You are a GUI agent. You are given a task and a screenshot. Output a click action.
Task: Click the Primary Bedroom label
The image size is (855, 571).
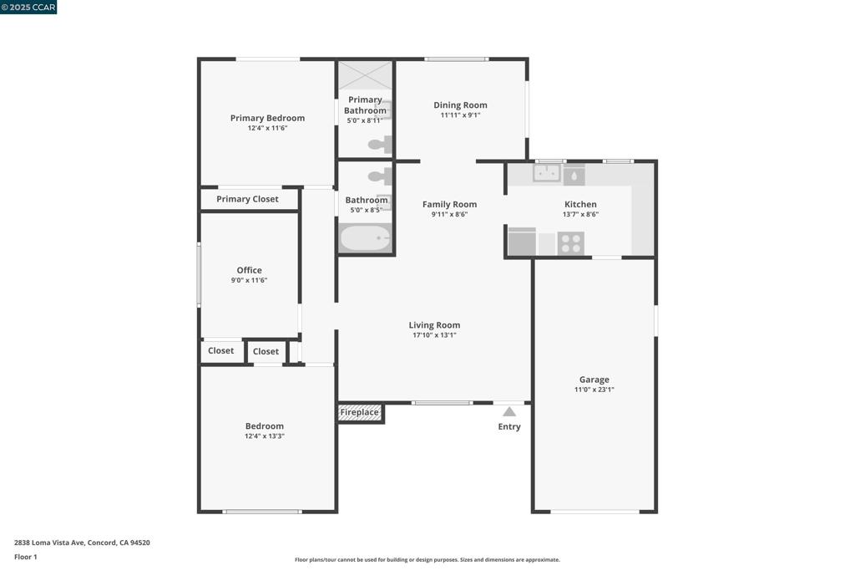pos(267,118)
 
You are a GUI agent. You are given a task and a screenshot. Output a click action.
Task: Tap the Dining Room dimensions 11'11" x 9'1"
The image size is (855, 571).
pos(460,115)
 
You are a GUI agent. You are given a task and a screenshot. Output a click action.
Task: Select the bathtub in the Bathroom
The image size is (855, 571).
pos(366,238)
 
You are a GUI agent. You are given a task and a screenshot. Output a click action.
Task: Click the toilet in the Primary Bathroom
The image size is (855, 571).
pos(380,145)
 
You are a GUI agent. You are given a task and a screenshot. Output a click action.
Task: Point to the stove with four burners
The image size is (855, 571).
pos(570,243)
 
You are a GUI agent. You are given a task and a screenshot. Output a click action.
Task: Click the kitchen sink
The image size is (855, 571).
pos(546,174)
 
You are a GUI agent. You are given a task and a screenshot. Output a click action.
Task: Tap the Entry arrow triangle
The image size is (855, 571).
pos(508,411)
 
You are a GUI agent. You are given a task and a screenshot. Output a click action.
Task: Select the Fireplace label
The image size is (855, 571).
pos(359,412)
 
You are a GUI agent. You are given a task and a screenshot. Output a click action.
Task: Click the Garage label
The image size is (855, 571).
pos(594,380)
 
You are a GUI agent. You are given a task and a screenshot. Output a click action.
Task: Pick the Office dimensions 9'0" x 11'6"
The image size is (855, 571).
pos(249,280)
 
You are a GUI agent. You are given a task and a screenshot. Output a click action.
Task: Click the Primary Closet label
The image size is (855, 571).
pos(247,199)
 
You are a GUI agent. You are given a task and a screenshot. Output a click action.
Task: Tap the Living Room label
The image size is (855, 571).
pos(434,325)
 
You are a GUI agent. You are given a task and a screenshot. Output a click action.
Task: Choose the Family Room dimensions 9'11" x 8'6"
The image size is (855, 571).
pos(449,215)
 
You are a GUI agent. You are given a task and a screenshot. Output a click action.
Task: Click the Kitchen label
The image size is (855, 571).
pos(581,204)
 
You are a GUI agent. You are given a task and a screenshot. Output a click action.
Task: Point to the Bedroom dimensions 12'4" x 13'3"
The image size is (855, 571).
pos(265,436)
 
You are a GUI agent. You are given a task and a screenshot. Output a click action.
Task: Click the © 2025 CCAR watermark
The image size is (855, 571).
pos(28,7)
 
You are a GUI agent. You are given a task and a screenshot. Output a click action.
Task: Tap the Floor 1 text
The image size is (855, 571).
pos(26,557)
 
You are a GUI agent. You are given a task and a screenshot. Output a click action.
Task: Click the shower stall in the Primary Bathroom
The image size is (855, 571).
pos(366,76)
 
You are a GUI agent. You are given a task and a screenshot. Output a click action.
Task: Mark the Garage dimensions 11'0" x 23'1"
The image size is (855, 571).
pos(594,390)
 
